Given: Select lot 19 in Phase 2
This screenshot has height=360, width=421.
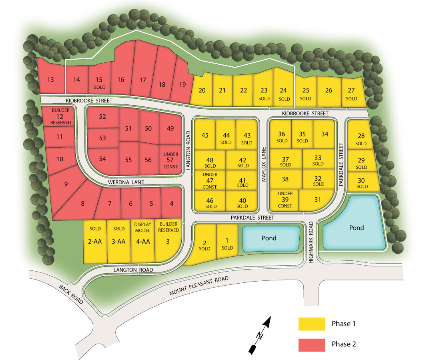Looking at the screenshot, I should (182, 84).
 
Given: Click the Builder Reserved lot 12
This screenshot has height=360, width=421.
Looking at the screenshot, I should (61, 116).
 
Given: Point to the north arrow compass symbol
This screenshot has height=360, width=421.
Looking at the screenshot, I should (261, 334).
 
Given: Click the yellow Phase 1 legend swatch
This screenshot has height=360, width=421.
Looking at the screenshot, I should (311, 324).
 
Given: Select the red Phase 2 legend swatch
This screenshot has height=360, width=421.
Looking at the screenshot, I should (311, 344).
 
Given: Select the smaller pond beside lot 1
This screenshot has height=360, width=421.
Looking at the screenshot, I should (269, 238).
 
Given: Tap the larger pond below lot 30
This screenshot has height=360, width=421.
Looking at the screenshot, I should (355, 226).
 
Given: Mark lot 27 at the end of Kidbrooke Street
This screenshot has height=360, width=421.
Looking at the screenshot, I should (351, 93).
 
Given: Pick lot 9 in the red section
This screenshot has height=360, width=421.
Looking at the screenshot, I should (66, 184).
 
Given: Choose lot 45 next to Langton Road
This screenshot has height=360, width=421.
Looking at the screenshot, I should (205, 135).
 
